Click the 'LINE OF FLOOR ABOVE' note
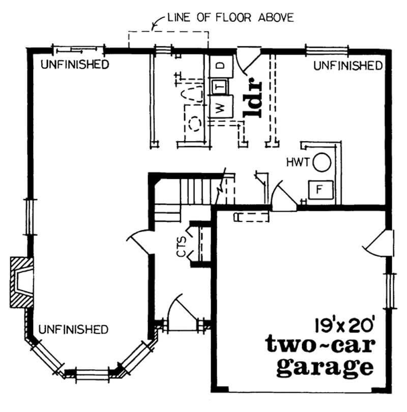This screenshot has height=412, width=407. click(x=230, y=18)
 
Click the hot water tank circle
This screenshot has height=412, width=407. click(x=322, y=163)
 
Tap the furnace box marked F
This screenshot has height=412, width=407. click(x=321, y=190)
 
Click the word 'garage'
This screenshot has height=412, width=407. click(x=324, y=367)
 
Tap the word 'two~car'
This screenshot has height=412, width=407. click(x=320, y=345)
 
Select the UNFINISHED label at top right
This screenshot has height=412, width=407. click(x=348, y=66)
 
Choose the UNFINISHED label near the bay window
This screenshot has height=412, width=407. click(x=73, y=329)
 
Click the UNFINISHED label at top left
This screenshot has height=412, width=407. click(x=75, y=65)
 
